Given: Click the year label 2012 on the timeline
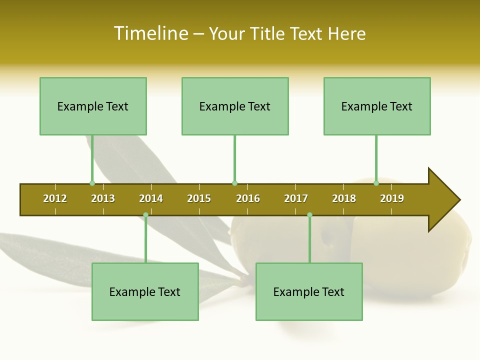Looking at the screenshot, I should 55,198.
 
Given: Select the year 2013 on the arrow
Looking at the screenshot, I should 103,198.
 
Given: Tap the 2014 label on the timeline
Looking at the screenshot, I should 151,198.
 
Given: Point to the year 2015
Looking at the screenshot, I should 199,198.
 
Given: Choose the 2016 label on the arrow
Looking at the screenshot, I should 248,198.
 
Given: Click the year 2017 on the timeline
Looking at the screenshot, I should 296,198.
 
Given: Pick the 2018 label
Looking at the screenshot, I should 344,198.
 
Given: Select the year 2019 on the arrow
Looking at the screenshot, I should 392,198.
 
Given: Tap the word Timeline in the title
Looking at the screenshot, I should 150,33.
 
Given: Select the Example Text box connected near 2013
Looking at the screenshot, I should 93,106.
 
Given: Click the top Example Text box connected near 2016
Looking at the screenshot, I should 235,106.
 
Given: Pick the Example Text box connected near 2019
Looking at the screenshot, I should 377,106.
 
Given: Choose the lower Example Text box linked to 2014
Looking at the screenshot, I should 145,291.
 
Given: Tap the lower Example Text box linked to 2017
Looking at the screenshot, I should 309,291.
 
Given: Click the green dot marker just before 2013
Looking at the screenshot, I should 92,183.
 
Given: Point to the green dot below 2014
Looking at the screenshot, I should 145,214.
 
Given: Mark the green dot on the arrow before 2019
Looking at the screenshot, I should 376,183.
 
